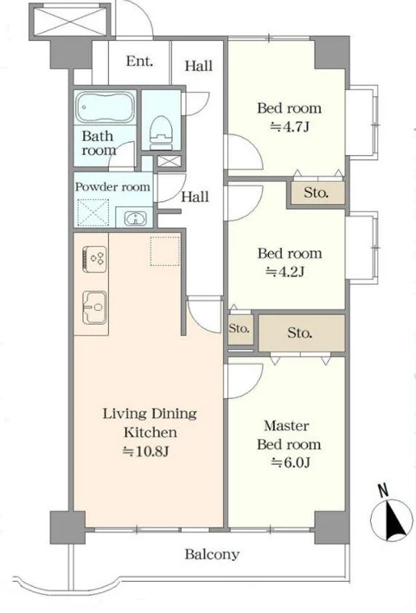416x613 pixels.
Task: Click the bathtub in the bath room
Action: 105,107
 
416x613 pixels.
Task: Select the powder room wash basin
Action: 135,218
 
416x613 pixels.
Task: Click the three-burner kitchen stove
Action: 94,259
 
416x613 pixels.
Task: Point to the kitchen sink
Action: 94,307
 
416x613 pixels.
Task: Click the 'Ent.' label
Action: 139,61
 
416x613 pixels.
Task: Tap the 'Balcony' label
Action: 212,554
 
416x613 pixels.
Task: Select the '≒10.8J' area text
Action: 146,452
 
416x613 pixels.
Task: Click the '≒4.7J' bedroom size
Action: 290,126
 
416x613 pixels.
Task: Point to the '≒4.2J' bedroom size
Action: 285,271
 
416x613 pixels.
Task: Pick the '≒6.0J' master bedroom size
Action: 291,463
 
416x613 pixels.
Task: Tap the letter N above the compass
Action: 383,491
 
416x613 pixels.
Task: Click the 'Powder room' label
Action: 112,187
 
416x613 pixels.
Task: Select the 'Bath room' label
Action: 99,143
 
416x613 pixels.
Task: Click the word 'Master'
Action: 286,426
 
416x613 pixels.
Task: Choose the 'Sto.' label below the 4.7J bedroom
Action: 316,193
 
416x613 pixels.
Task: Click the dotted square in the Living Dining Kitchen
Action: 165,251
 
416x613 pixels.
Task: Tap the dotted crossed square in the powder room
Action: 93,213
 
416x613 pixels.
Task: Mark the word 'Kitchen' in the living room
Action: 150,432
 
